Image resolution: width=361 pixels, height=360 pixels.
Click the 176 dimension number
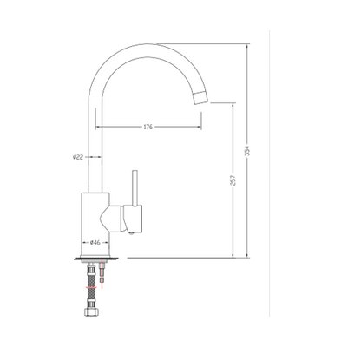click(x=148, y=127)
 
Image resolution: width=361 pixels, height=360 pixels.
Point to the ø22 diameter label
click(x=77, y=157)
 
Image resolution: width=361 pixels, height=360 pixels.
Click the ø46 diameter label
click(x=95, y=242)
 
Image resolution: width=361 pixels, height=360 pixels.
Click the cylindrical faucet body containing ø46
click(x=95, y=221)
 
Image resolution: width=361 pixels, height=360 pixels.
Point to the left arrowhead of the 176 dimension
click(x=97, y=127)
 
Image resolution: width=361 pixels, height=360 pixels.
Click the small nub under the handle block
click(x=128, y=230)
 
